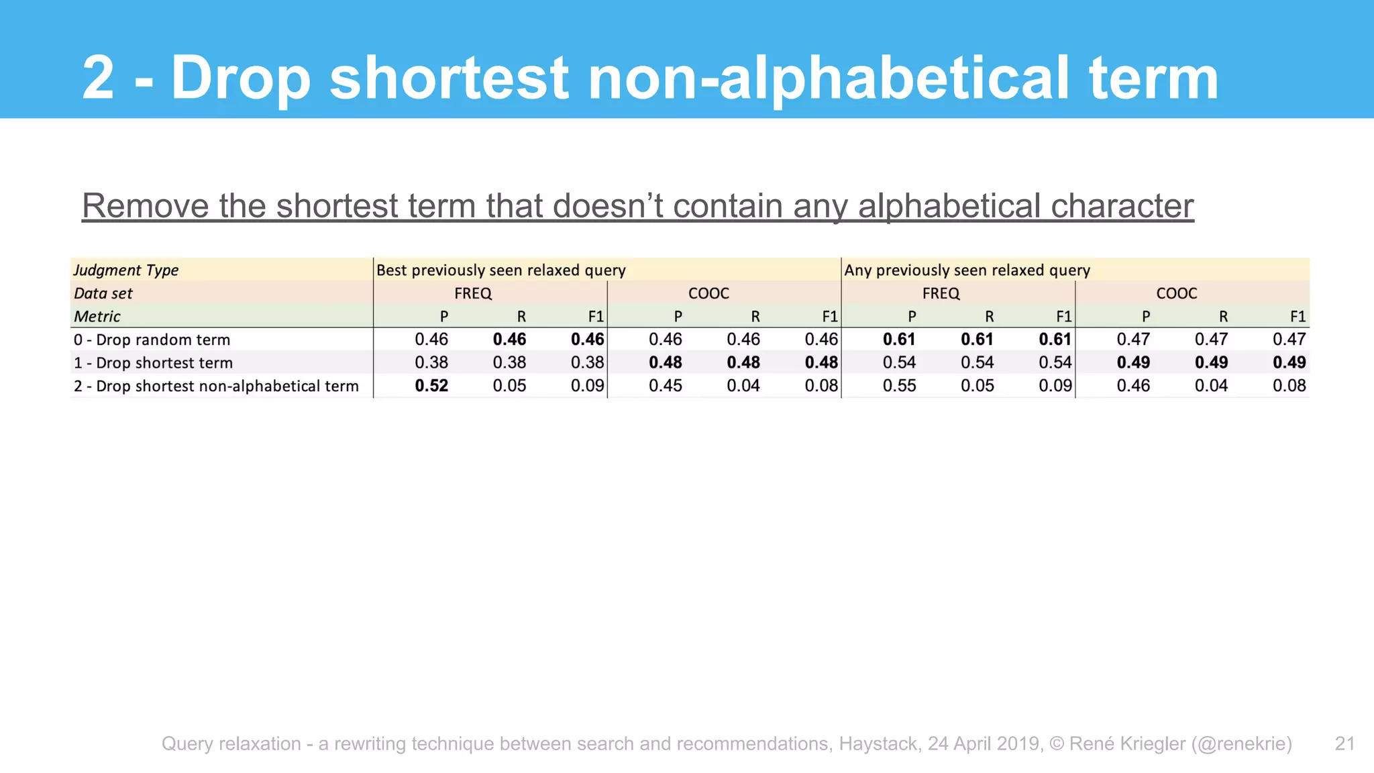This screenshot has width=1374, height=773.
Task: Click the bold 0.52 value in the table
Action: click(x=431, y=386)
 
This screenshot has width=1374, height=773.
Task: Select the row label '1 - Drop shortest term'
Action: click(x=154, y=363)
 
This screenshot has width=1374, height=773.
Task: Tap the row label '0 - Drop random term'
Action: click(x=152, y=340)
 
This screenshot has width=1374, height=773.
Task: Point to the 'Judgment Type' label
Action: click(x=126, y=270)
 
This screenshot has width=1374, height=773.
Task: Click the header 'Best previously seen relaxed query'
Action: click(x=500, y=270)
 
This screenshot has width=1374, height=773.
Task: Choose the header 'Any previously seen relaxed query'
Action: click(x=967, y=270)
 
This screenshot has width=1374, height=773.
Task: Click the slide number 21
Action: click(x=1344, y=743)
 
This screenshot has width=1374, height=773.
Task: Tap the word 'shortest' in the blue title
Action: click(x=449, y=79)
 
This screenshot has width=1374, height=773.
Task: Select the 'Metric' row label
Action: click(x=97, y=316)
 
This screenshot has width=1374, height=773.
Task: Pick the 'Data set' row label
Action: click(x=103, y=293)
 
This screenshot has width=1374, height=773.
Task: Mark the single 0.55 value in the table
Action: click(x=899, y=386)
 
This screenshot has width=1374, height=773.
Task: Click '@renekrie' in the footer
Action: click(x=1241, y=743)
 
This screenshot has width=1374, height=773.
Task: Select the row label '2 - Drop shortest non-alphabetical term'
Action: click(x=216, y=386)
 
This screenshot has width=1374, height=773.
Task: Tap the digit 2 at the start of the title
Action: click(x=99, y=79)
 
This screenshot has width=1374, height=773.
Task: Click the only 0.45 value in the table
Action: click(x=665, y=386)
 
